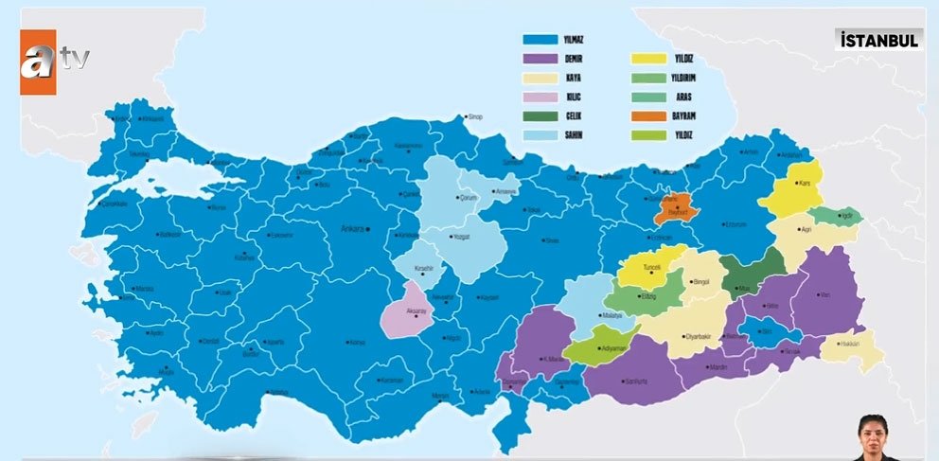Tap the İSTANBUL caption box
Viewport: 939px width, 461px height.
tap(879, 40)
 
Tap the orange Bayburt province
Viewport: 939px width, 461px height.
tap(673, 208)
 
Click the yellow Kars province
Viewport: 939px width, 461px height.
tap(795, 194)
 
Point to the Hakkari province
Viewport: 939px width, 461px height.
tap(851, 346)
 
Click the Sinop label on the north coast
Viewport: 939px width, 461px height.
tap(474, 117)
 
